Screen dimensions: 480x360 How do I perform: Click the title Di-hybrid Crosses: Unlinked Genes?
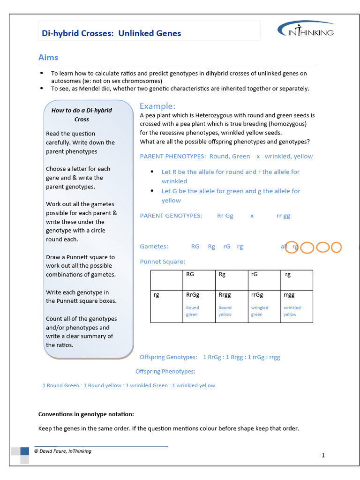pos(112,33)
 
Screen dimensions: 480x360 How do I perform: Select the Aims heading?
pos(48,58)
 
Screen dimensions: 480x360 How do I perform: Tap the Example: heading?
pos(157,106)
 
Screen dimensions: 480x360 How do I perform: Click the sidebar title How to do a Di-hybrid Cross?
pos(82,115)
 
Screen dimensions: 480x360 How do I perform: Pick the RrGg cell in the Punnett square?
pos(198,306)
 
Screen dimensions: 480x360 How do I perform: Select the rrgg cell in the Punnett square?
pos(296,306)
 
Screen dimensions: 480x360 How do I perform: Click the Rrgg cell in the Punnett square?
pos(231,306)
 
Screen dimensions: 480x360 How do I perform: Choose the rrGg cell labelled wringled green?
pos(263,306)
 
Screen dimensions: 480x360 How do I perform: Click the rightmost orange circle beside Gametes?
pos(336,247)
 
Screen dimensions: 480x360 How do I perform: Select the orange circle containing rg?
pos(292,247)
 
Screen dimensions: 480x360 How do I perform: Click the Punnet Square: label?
pos(163,262)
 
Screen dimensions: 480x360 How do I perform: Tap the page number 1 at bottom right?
pos(323,455)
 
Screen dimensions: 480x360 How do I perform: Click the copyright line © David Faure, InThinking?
pos(62,451)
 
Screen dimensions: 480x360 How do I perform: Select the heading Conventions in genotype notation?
pos(86,414)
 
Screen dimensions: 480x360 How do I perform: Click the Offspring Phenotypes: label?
pos(165,371)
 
